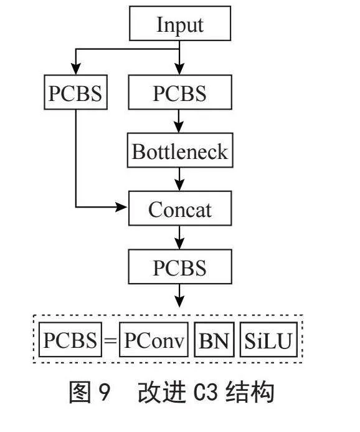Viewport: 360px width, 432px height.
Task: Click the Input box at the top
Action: tap(180, 24)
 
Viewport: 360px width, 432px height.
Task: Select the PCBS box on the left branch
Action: tap(76, 92)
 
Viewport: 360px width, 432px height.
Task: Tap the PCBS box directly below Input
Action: tap(180, 92)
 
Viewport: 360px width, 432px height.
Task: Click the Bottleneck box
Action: tap(180, 150)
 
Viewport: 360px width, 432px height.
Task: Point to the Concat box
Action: tap(180, 208)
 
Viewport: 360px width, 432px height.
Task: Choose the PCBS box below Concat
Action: tap(180, 267)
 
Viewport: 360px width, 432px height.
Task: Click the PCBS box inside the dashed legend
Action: tap(70, 339)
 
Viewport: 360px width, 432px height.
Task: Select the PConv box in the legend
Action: tap(154, 339)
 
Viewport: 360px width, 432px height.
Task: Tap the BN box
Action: tap(214, 339)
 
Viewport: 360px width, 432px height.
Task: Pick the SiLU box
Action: tap(268, 339)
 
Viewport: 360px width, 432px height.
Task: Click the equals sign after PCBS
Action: tap(110, 340)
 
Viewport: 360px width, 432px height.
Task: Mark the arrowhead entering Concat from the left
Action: tap(121, 207)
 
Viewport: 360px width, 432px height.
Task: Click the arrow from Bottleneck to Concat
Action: tap(179, 179)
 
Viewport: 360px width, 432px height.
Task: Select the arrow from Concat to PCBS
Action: tap(179, 238)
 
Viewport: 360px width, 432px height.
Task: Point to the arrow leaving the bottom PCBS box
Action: tap(179, 295)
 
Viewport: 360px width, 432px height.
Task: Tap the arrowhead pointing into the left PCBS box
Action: tap(76, 69)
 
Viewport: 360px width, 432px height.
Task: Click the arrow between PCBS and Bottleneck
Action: tap(179, 121)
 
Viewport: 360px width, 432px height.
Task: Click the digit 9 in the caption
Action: tap(104, 392)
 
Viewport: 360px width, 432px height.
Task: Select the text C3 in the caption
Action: tap(206, 392)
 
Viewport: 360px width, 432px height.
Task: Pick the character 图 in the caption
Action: tap(80, 392)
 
